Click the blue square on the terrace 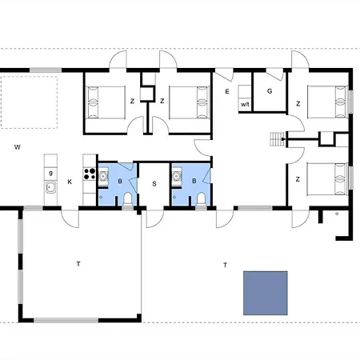265,293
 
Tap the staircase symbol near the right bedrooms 278,139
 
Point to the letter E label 227,92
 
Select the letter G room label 270,91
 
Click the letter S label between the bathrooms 154,183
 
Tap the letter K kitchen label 70,182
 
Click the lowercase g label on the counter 50,172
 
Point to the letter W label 17,147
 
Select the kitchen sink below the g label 50,189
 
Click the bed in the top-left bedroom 105,101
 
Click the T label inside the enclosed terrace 78,262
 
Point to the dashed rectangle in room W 30,102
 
